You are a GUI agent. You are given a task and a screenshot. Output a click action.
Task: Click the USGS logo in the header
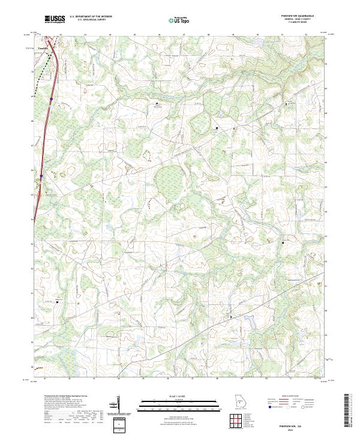(x=55, y=20)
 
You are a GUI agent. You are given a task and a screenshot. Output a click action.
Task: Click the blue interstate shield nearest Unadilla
(x=52, y=99)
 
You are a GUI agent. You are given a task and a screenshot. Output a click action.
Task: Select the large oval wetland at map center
(x=169, y=181)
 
